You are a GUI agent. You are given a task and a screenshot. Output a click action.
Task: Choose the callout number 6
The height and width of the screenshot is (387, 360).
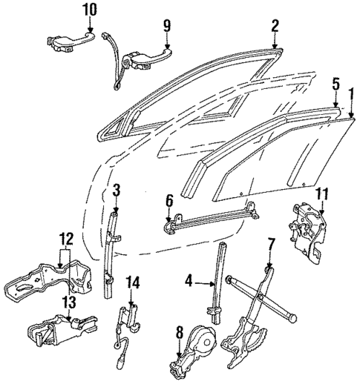(169, 199)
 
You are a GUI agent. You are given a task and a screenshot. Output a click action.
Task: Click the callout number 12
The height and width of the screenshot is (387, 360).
(66, 239)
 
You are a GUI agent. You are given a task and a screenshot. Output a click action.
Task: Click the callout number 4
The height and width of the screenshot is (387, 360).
(189, 280)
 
